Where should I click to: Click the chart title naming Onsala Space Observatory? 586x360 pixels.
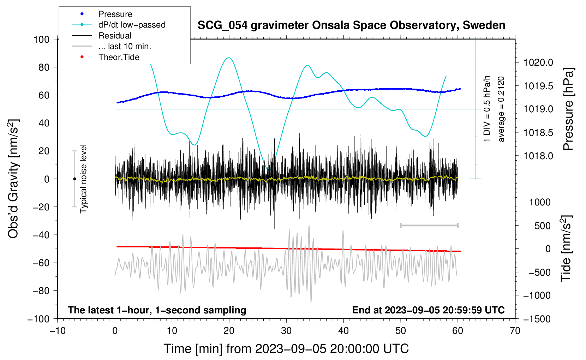point(351,25)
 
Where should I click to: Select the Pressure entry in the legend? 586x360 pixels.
point(115,14)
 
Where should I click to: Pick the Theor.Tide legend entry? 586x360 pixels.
point(119,57)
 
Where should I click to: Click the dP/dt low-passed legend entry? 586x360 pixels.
point(132,25)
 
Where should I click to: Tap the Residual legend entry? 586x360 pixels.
point(115,36)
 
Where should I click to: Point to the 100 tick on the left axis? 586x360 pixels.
point(41,39)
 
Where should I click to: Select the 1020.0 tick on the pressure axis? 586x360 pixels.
point(538,63)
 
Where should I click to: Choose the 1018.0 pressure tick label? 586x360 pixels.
point(538,156)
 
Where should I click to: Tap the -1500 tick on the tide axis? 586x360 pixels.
point(537,319)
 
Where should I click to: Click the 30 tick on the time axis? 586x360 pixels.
point(286,331)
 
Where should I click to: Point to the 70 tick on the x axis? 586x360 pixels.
point(515,331)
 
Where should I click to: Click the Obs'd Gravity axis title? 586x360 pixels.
point(13,179)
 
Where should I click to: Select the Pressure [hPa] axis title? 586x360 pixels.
point(568,109)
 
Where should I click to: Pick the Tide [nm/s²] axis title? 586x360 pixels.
point(566,248)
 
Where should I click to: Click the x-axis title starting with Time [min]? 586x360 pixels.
point(286,349)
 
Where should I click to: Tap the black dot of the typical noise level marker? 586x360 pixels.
point(74,179)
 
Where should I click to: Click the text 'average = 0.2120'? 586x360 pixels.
point(501,109)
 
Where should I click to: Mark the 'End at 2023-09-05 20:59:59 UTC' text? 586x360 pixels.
point(428,310)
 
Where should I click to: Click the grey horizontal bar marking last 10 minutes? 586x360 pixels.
point(429,225)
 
